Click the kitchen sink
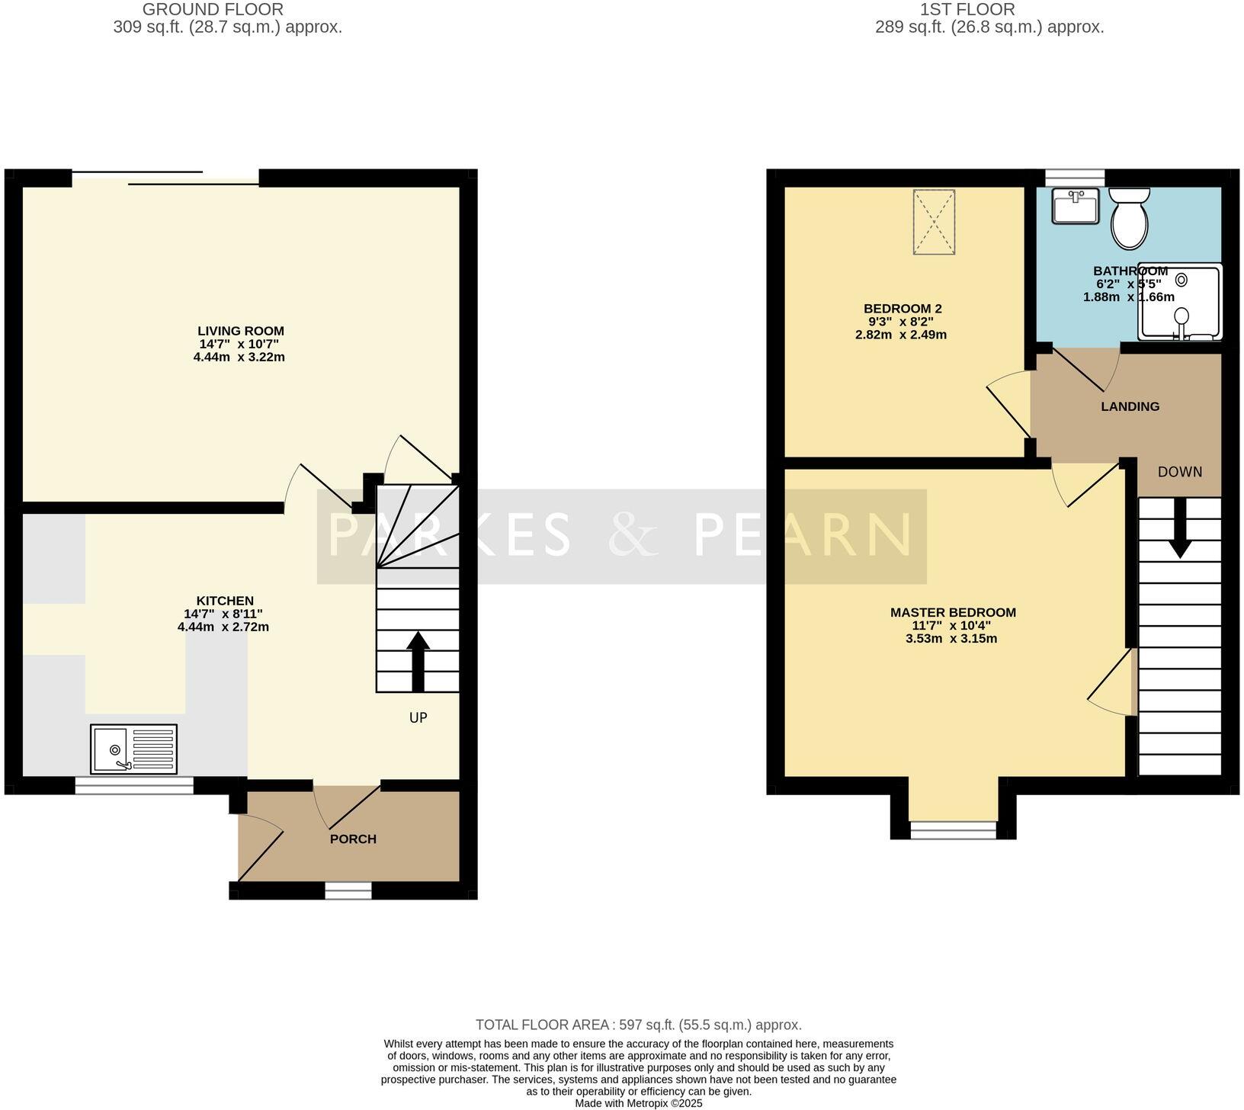(133, 749)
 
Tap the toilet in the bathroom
(1130, 219)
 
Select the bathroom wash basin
(1076, 206)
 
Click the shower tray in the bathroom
(1179, 301)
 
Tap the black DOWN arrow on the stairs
(1180, 528)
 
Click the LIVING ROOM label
(241, 331)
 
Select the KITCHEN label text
(225, 601)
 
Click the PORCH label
(353, 839)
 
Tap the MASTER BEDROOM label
(953, 612)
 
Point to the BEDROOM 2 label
(903, 309)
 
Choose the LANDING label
(1130, 406)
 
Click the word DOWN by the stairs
(1180, 472)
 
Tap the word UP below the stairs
(418, 717)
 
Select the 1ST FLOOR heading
(967, 10)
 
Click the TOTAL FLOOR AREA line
(639, 1025)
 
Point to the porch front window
(348, 890)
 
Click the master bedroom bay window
(954, 830)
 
